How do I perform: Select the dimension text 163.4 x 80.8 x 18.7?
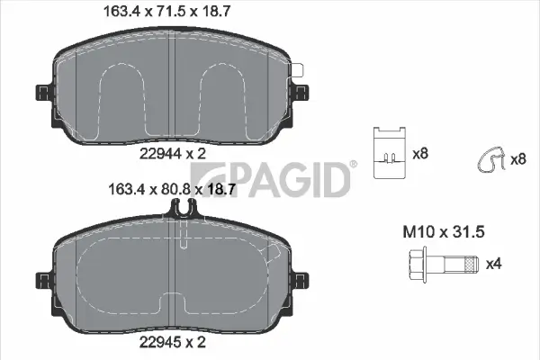(x=172, y=190)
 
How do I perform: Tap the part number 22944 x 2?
(x=172, y=154)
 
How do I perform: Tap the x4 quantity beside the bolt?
(x=493, y=265)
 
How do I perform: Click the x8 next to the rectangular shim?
(x=419, y=154)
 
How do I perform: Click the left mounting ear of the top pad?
(x=42, y=94)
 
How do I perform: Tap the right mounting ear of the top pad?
(x=301, y=94)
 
